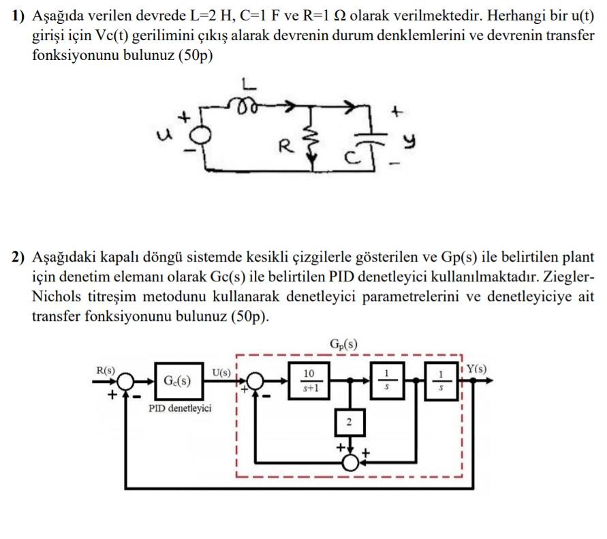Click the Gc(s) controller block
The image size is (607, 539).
176,381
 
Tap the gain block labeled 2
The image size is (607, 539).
349,423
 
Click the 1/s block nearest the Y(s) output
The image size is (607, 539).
440,381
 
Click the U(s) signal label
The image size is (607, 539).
221,372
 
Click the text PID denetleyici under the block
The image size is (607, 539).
180,408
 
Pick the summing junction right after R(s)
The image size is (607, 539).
125,381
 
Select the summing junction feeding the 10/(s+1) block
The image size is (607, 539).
255,381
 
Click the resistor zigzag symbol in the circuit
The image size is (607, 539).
314,143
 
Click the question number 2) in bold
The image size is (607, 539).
18,258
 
